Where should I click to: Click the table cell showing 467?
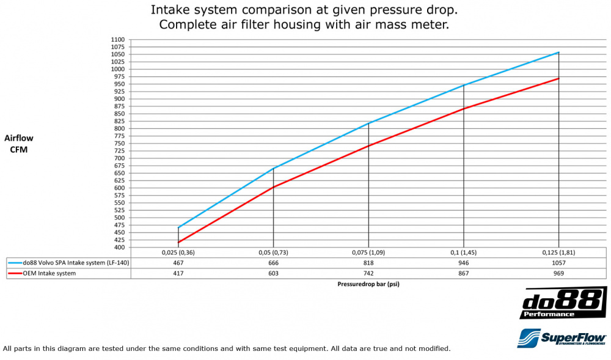click(x=178, y=263)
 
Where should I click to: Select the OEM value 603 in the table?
click(x=273, y=273)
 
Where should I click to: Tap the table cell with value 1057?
click(x=558, y=263)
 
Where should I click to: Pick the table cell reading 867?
click(x=464, y=273)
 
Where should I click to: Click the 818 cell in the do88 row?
click(x=368, y=263)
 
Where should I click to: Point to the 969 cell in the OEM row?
click(x=558, y=273)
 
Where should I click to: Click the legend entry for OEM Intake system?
click(x=49, y=273)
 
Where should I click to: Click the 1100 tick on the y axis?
click(x=117, y=40)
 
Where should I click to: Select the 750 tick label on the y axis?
click(x=117, y=144)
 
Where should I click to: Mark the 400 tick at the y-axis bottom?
click(x=117, y=248)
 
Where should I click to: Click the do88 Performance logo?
click(x=563, y=304)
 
